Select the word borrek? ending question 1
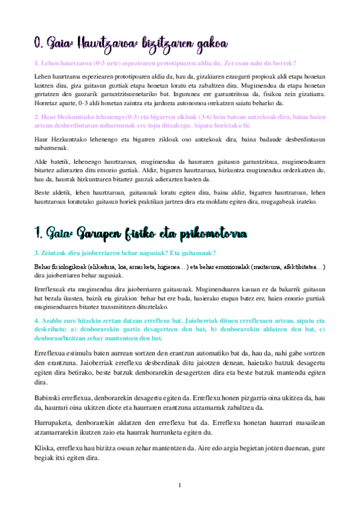pyautogui.click(x=287, y=63)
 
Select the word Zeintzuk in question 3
pyautogui.click(x=51, y=253)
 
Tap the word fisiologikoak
pyautogui.click(x=69, y=267)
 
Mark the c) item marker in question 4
pyautogui.click(x=321, y=330)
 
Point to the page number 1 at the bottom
pyautogui.click(x=180, y=484)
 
